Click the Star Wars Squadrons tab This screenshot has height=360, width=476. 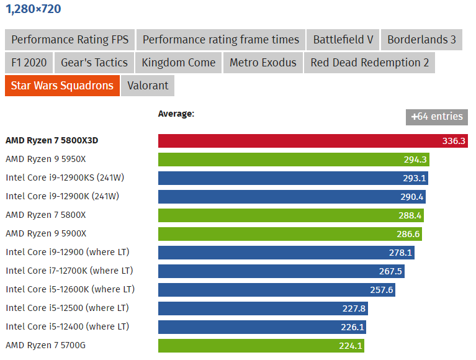pos(62,86)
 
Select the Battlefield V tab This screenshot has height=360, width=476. pos(343,40)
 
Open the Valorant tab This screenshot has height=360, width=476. pos(148,86)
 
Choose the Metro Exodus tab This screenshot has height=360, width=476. pos(263,63)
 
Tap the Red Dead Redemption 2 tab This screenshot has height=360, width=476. pos(369,63)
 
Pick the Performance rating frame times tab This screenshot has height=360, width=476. pos(221,40)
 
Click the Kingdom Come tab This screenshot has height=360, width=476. pos(178,63)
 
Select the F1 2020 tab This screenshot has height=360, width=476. pos(29,63)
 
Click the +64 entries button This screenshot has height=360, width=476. pos(437,117)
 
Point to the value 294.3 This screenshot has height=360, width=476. pos(415,160)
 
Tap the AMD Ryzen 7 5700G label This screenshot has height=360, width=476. pos(45,345)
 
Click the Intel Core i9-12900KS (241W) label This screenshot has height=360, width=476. pos(65,178)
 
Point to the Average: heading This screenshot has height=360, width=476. pos(176,114)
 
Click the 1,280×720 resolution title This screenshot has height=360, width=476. pos(34,9)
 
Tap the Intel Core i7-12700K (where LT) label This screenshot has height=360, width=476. pos(70,271)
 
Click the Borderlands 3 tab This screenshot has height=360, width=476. pos(421,40)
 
